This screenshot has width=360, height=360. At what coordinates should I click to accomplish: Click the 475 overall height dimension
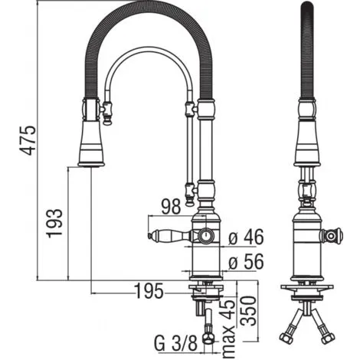tap(28, 140)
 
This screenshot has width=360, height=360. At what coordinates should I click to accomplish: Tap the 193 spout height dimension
tap(54, 224)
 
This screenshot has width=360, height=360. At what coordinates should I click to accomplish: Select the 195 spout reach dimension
tap(149, 291)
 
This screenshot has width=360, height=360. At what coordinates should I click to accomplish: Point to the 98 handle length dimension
tap(171, 206)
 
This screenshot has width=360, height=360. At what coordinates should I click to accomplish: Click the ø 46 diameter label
tap(246, 237)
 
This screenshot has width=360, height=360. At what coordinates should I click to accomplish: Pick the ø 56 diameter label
tap(246, 262)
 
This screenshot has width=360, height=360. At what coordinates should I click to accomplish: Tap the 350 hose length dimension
tap(248, 311)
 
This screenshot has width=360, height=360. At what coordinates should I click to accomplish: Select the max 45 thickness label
tap(228, 329)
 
